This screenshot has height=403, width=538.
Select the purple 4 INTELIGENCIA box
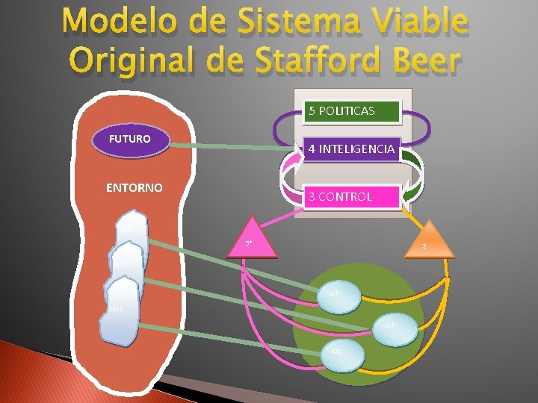point(350,149)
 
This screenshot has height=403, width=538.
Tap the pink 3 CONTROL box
point(350,196)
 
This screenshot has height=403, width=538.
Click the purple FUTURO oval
point(130,140)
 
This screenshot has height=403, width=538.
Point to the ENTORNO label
point(134,187)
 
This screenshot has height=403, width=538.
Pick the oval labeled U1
point(338,352)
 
